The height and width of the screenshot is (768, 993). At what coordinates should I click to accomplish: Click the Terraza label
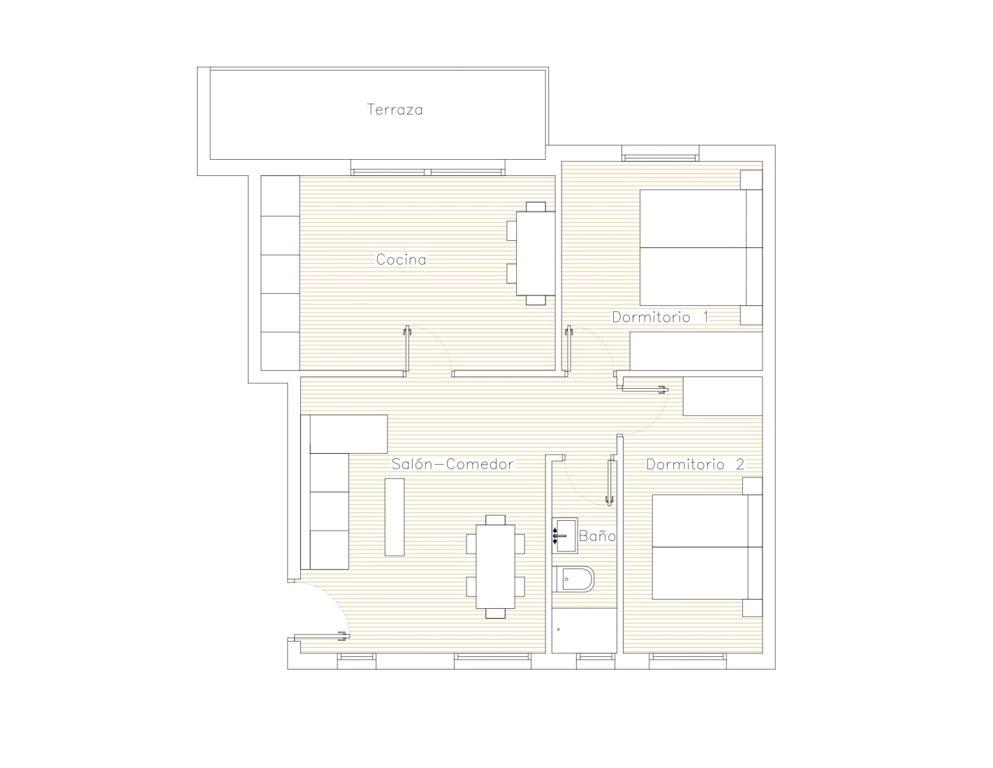(x=395, y=110)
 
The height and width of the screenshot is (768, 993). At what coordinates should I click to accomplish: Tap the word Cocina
(x=402, y=260)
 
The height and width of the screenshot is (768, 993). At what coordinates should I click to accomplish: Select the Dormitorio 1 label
(x=661, y=317)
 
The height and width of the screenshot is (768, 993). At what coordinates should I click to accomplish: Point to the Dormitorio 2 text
(x=695, y=464)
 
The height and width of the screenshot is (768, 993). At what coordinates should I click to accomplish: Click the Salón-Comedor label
(x=453, y=464)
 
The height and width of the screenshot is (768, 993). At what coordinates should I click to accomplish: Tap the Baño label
(x=597, y=536)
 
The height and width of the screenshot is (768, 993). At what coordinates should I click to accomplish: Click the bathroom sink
(x=565, y=535)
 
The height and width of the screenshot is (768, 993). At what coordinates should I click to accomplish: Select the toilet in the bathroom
(x=573, y=579)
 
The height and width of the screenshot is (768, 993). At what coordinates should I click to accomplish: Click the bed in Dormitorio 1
(x=701, y=248)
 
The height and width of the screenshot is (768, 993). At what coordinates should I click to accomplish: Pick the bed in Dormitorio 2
(x=707, y=547)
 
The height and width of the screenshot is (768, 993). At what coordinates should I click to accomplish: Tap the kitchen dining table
(x=536, y=253)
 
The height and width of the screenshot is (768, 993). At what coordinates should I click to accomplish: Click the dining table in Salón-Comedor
(x=495, y=566)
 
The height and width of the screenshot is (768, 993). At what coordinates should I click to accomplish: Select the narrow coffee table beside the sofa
(x=395, y=517)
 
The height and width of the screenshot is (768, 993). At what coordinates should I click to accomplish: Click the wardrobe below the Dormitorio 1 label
(x=696, y=351)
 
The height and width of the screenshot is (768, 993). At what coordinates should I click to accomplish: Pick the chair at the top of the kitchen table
(x=536, y=207)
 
